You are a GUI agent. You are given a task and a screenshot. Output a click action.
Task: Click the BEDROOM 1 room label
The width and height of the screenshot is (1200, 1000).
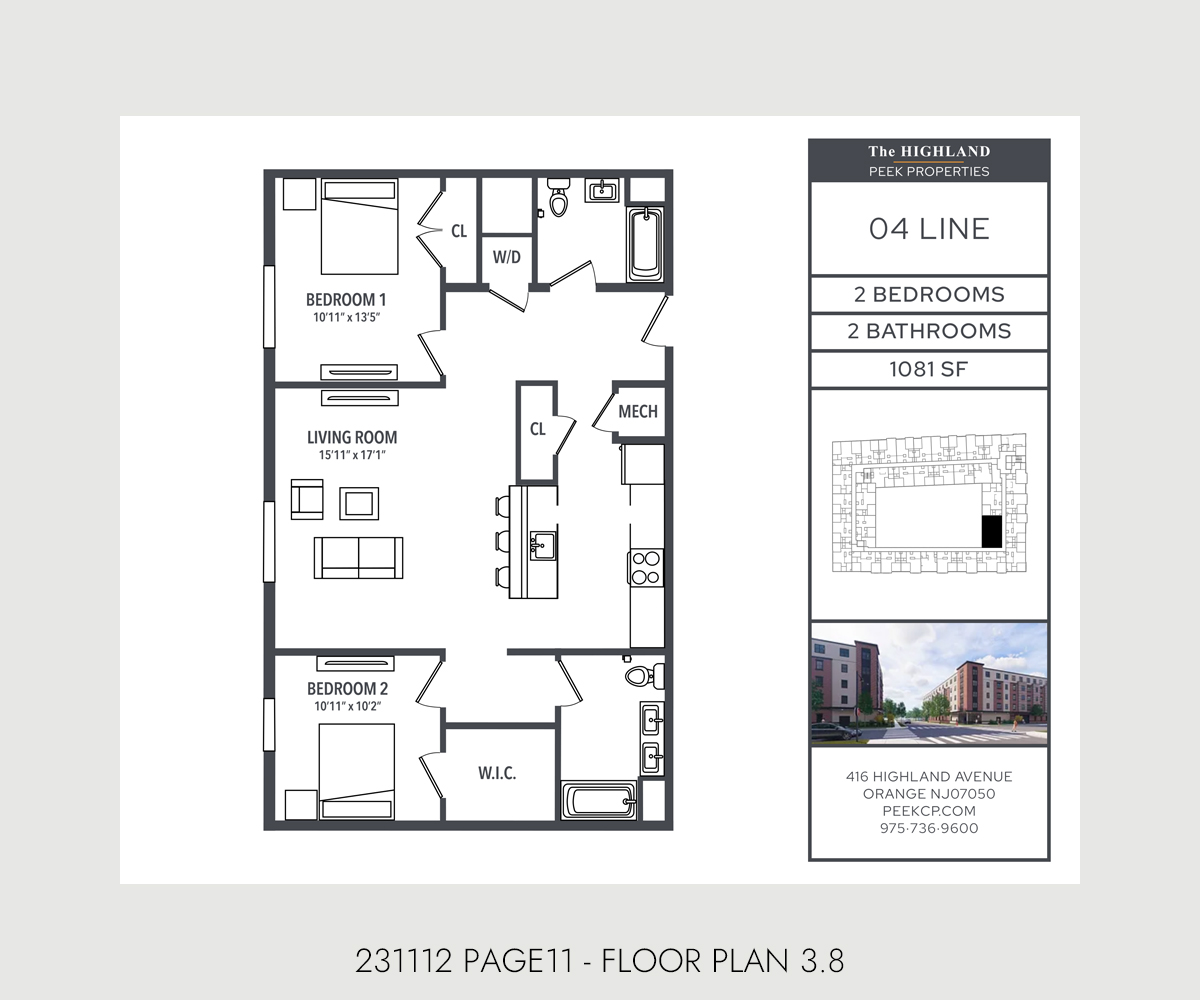(346, 299)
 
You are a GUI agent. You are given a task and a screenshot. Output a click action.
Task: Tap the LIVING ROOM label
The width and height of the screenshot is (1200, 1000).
(352, 437)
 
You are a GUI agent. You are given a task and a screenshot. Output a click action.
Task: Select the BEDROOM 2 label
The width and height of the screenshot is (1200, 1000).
(347, 689)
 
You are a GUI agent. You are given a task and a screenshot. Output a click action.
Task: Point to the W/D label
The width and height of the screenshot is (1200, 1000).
(506, 257)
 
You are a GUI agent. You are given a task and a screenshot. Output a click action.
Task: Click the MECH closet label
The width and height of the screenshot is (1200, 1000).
(638, 411)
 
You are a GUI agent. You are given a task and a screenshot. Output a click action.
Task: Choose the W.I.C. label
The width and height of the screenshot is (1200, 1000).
(497, 773)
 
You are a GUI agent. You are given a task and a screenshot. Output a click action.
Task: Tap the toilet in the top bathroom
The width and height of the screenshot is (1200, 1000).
(559, 197)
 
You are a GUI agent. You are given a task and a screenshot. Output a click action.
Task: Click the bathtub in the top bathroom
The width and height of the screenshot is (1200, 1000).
(645, 245)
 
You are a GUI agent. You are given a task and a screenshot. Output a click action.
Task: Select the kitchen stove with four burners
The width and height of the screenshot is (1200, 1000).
(647, 567)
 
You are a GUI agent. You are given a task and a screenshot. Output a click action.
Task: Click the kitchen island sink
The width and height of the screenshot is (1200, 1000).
(542, 545)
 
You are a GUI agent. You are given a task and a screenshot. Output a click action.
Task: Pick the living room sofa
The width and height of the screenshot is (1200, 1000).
(358, 557)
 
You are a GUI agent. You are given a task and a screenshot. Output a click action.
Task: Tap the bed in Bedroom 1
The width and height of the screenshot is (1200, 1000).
(359, 227)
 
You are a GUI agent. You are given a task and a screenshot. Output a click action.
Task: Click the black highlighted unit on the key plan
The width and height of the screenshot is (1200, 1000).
(991, 532)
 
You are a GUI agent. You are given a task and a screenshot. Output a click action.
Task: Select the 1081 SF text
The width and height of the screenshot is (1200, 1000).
(929, 370)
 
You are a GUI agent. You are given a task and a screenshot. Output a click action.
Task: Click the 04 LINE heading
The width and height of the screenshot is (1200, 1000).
(929, 229)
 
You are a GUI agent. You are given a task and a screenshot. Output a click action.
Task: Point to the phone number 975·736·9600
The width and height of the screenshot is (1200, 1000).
(929, 828)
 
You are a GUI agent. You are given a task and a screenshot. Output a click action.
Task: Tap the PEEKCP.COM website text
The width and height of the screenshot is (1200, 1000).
(929, 811)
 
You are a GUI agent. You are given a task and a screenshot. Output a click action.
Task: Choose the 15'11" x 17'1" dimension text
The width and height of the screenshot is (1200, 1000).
(352, 455)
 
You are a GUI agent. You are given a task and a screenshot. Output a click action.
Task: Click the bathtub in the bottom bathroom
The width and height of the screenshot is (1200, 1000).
(599, 800)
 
